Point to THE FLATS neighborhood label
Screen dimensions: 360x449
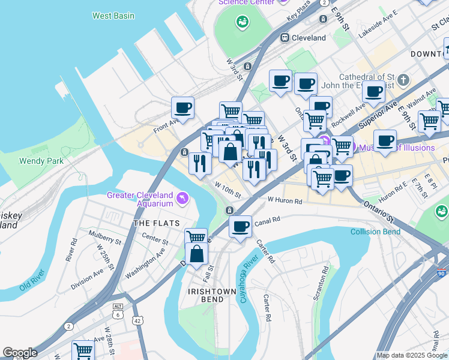coord(157,223)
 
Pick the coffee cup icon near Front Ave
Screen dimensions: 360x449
coord(182,108)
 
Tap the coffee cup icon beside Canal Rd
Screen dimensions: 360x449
coord(240,227)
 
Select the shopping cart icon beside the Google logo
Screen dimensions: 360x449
coord(83,350)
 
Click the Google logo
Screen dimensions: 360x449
coord(20,353)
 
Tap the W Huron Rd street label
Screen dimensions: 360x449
coord(285,200)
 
